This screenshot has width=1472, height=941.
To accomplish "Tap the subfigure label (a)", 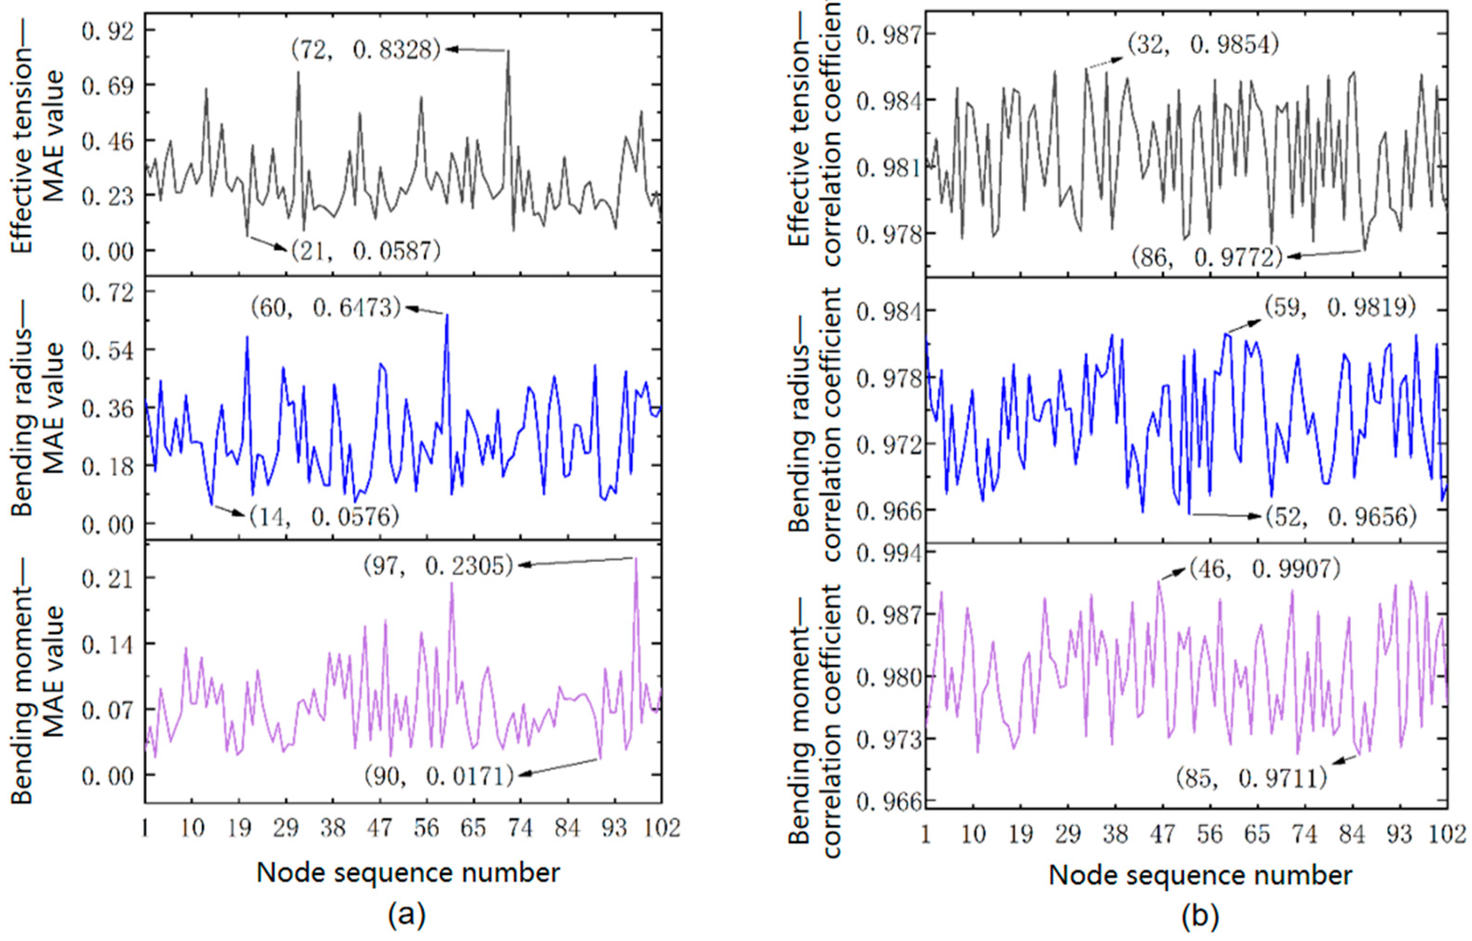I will (x=407, y=915).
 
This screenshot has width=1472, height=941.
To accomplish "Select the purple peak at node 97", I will (x=636, y=558).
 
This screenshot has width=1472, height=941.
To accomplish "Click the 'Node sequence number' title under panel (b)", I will (x=1200, y=876).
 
